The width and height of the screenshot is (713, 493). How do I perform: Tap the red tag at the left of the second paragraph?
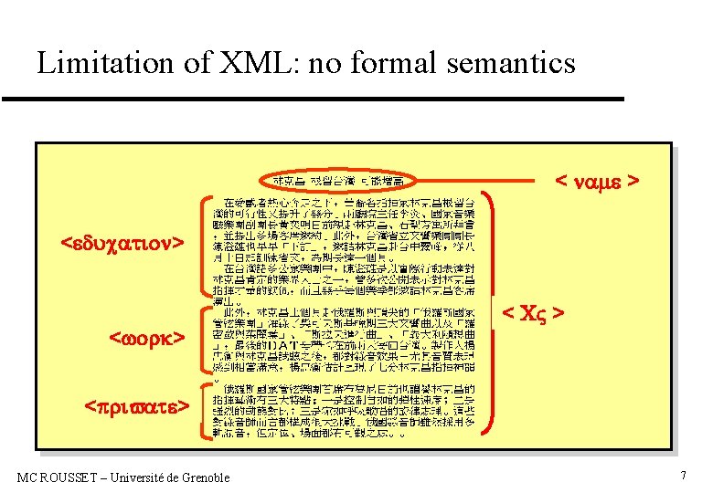tap(148, 339)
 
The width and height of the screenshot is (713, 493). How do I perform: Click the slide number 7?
tap(682, 476)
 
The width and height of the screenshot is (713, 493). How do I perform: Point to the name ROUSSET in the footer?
tap(69, 477)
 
